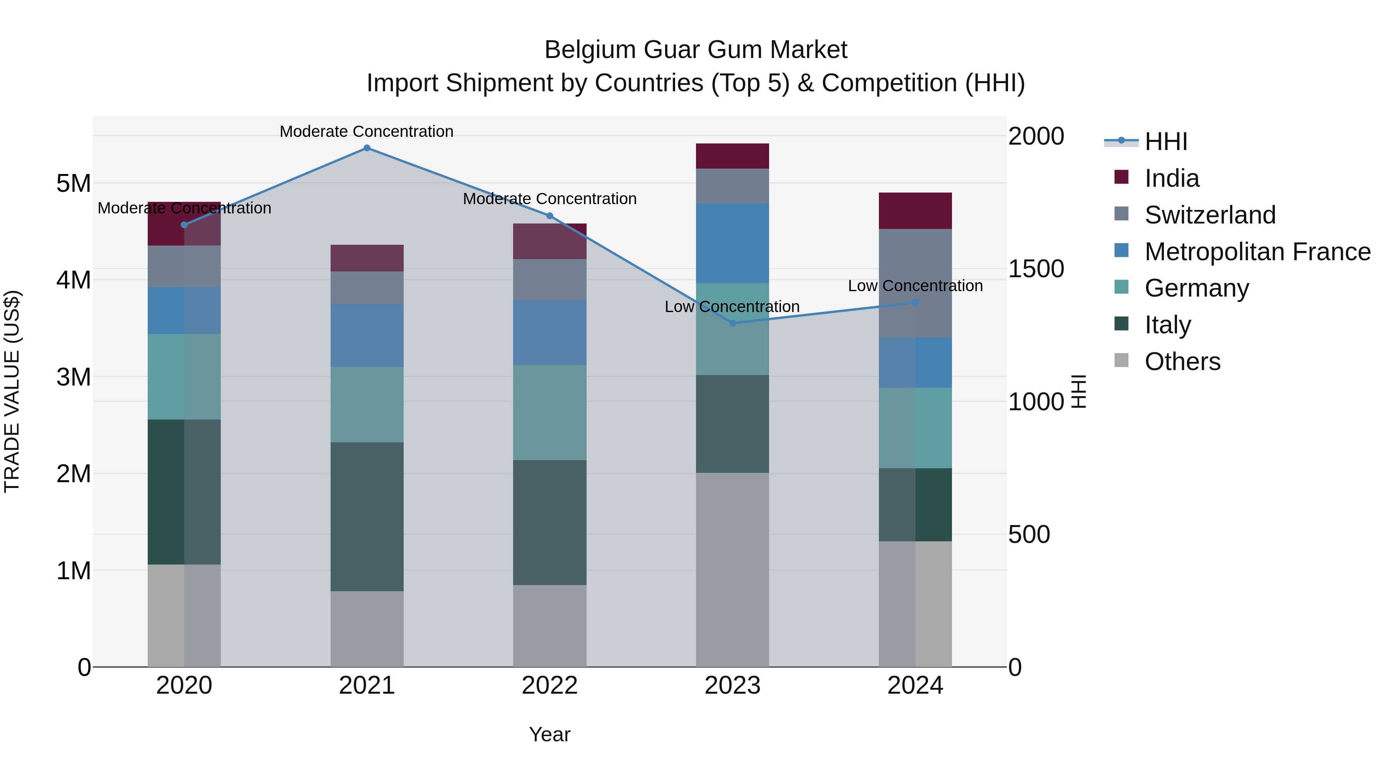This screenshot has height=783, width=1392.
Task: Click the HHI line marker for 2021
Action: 367,148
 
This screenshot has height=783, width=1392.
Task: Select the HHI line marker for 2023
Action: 733,323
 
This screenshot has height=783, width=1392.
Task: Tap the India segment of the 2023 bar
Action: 732,156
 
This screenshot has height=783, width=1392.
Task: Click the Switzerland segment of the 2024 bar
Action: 915,283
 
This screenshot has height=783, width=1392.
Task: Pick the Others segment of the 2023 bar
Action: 732,570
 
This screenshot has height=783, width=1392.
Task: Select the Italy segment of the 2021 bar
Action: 367,517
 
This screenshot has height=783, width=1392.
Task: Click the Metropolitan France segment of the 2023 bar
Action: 732,243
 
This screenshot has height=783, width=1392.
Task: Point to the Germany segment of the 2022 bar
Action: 549,412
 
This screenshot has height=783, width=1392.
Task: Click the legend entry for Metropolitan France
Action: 1257,252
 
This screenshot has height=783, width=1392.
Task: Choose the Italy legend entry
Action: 1167,325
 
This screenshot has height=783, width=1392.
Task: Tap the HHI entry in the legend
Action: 1165,142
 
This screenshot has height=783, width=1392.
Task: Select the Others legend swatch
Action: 1121,360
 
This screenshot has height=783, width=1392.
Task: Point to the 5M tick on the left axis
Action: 73,184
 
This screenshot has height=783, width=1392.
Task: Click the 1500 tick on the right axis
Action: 1036,269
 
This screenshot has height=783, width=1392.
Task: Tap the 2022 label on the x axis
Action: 549,686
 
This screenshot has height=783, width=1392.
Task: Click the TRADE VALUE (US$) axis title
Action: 12,392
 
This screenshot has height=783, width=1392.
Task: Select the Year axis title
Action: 549,734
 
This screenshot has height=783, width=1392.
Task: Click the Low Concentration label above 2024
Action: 915,286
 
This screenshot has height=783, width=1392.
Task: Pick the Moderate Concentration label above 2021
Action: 367,131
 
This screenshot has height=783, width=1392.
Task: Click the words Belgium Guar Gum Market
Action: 696,50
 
